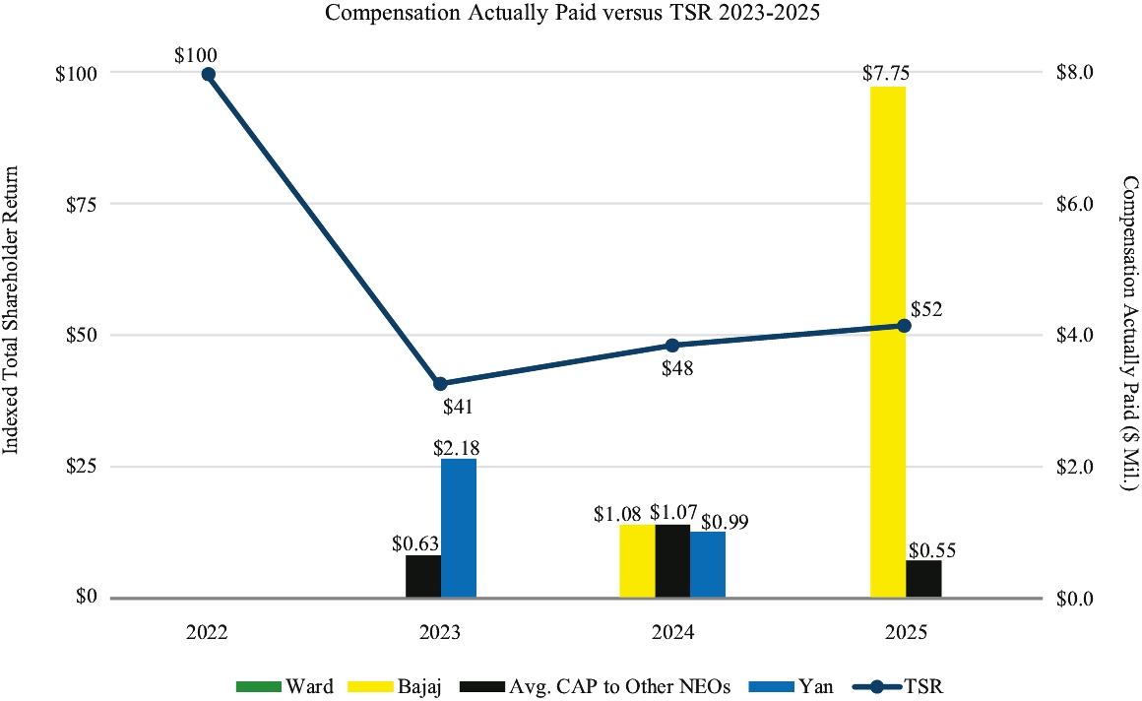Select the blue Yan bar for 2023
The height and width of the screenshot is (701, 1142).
459,528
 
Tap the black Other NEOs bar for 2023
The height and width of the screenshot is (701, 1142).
423,576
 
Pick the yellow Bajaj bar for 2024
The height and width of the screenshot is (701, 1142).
637,561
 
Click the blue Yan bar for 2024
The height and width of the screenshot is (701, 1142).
708,564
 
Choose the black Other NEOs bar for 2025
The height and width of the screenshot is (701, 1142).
923,579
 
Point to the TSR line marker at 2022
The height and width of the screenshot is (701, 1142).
208,74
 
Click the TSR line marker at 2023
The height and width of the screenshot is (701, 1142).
441,384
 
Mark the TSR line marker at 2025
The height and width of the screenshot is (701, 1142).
905,326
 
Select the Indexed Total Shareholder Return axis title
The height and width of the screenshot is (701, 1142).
14,335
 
